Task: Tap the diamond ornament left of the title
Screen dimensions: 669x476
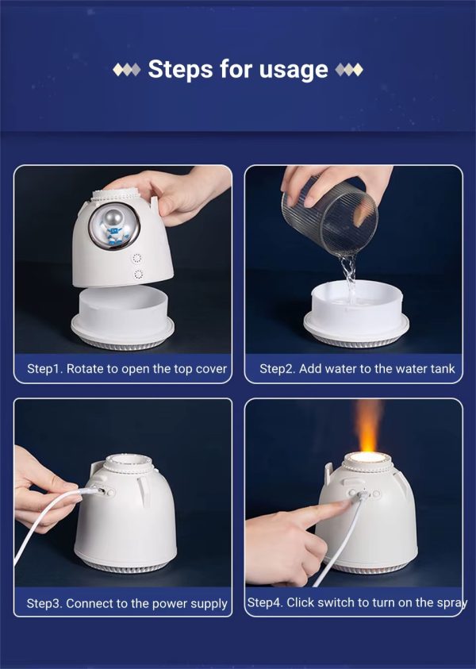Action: pos(127,70)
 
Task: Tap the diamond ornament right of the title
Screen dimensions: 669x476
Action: pos(349,70)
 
